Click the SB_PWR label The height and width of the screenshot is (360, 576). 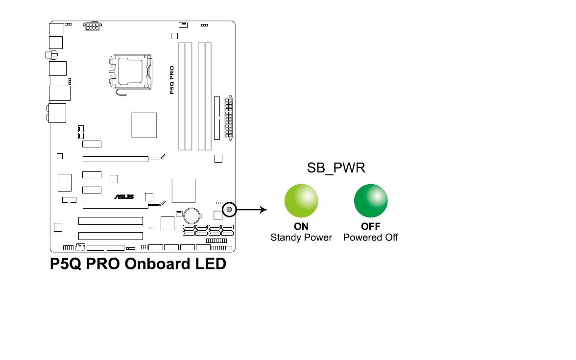[x=336, y=168]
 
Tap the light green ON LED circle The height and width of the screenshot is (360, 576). [x=301, y=201]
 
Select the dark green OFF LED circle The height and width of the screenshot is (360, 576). [x=371, y=201]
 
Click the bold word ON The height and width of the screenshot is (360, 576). [x=301, y=227]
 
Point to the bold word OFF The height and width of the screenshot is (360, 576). [x=371, y=227]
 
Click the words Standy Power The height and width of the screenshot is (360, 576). [x=301, y=238]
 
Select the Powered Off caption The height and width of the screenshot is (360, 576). [x=371, y=238]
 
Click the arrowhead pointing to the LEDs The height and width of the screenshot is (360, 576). [x=264, y=210]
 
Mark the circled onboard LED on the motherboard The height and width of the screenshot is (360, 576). [x=229, y=210]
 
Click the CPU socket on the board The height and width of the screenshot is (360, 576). [x=129, y=72]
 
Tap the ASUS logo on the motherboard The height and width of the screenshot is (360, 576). [x=124, y=196]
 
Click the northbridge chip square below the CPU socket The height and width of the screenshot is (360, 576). [x=144, y=125]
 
